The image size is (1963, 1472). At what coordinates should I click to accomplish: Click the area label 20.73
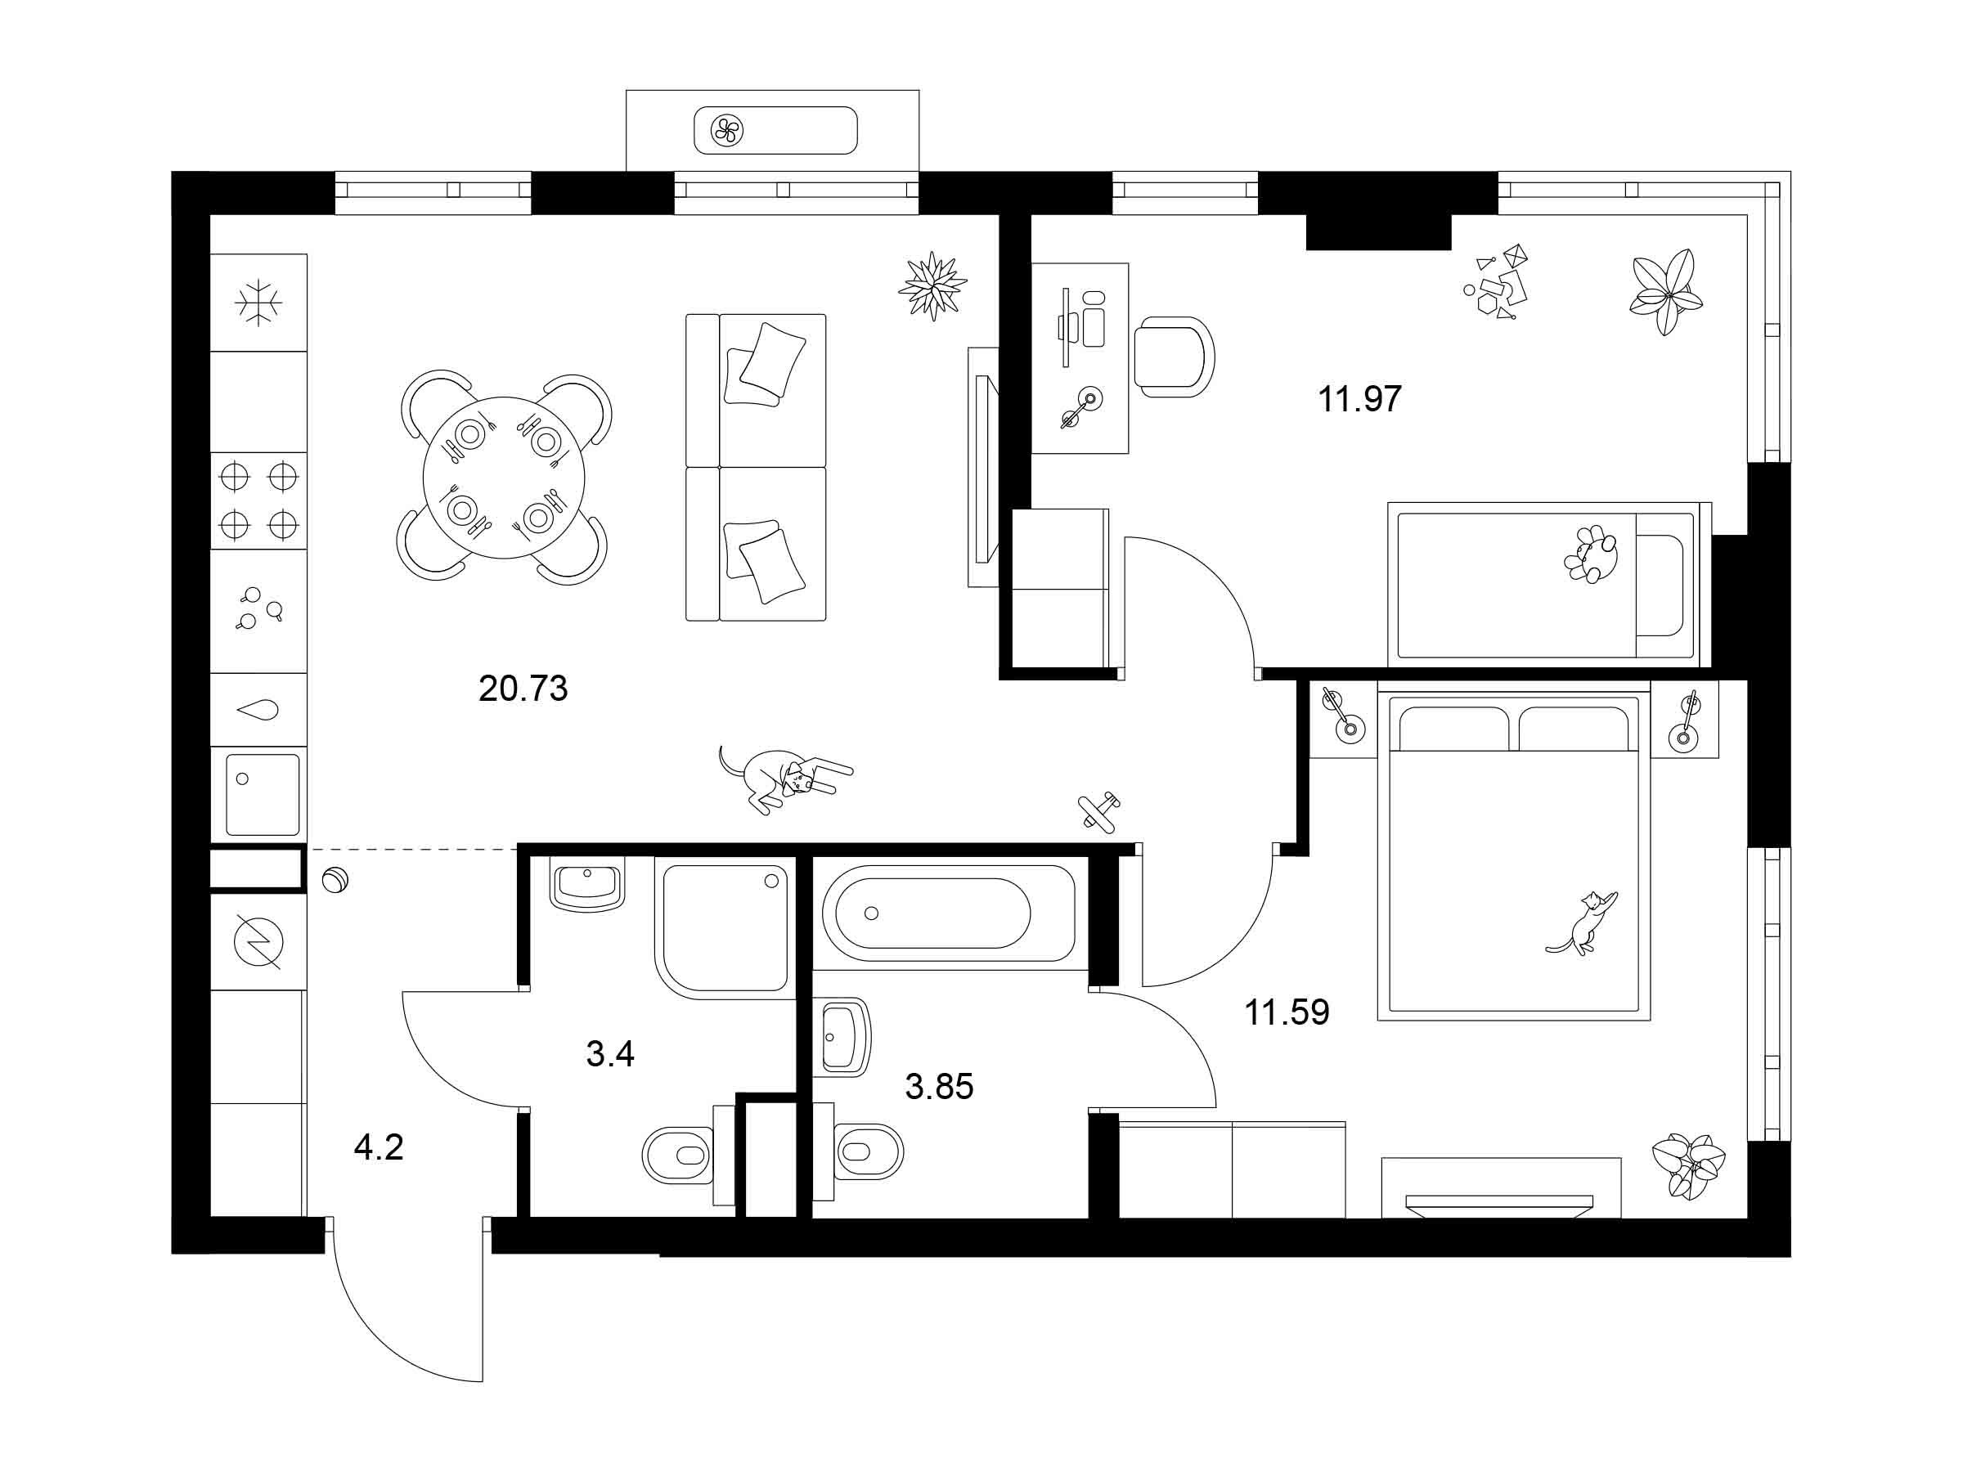click(x=523, y=689)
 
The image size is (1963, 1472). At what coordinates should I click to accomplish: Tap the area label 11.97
click(x=1359, y=398)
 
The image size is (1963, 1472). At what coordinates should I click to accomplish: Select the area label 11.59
click(x=1287, y=1012)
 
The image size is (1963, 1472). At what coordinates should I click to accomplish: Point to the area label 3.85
click(x=939, y=1086)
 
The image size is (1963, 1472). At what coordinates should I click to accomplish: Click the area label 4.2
click(x=379, y=1148)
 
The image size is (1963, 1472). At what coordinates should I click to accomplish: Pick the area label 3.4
click(x=610, y=1054)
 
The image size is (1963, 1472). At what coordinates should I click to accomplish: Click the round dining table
click(x=503, y=478)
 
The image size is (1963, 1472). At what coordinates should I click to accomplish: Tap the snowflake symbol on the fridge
click(x=258, y=303)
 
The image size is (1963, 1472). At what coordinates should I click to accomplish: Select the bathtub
click(x=949, y=913)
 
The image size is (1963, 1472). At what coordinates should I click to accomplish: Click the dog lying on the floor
click(x=784, y=776)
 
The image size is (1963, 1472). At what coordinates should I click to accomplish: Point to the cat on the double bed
click(x=1583, y=923)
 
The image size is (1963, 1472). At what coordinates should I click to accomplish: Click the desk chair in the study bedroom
click(x=1174, y=357)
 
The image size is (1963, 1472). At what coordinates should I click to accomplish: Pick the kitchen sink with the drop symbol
click(x=258, y=710)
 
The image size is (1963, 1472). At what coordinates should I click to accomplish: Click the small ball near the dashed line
click(x=335, y=881)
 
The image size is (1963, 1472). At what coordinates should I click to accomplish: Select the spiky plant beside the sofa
click(x=932, y=285)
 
